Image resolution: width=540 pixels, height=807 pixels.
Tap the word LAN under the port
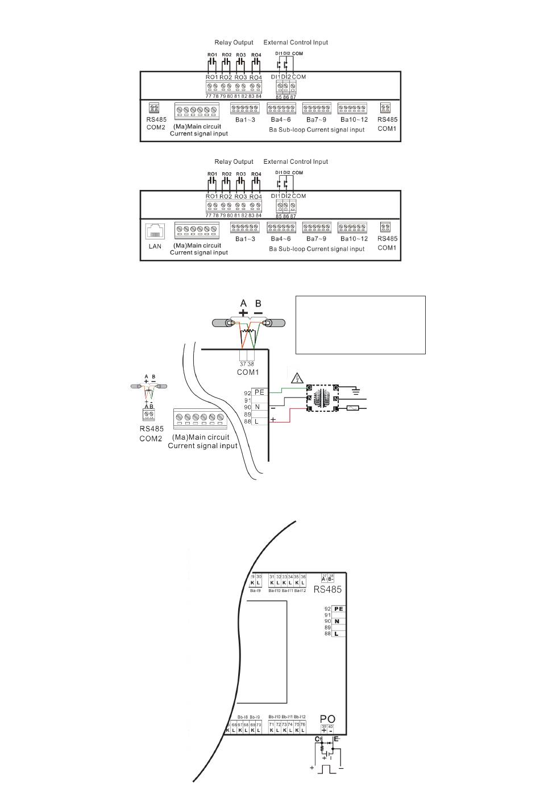click(x=155, y=247)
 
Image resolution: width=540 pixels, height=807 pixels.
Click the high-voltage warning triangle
click(x=297, y=377)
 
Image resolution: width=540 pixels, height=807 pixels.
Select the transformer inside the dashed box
click(x=322, y=398)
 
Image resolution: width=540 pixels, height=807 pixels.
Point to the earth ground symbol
click(x=356, y=391)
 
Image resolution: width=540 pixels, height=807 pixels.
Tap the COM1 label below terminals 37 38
click(x=248, y=373)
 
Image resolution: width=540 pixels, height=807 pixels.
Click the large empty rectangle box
click(x=360, y=325)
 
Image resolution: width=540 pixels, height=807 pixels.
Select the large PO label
click(x=328, y=719)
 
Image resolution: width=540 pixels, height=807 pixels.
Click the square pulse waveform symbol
click(x=327, y=769)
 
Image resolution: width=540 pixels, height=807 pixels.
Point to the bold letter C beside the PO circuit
click(x=317, y=739)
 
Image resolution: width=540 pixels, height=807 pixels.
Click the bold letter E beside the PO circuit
click(x=336, y=739)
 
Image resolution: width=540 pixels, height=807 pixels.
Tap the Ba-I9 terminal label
click(x=255, y=591)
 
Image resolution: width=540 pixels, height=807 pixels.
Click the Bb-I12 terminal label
click(x=300, y=717)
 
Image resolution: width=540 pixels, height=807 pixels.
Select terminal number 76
click(x=303, y=725)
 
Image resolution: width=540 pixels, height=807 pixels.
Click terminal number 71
click(x=271, y=725)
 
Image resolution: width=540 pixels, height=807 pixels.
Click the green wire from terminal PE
click(x=287, y=391)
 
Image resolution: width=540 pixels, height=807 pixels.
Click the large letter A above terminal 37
click(x=243, y=304)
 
